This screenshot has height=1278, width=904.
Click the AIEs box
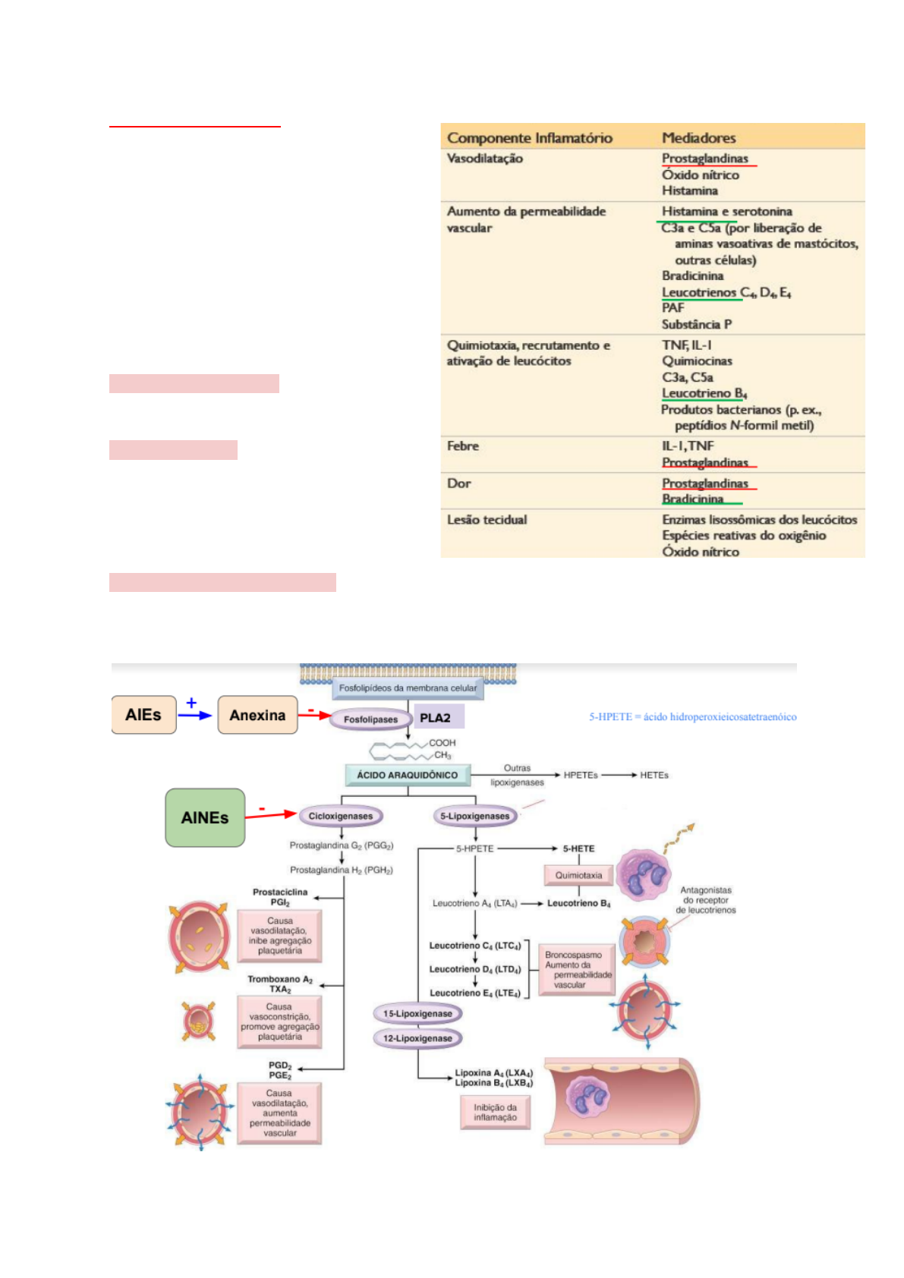point(143,715)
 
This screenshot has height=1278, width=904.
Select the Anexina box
point(257,715)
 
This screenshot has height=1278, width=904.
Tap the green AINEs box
point(205,817)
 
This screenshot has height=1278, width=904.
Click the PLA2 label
point(436,718)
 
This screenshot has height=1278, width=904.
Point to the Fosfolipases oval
point(370,719)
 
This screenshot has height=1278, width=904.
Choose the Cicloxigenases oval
point(341,816)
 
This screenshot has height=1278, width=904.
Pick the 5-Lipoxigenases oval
point(475,816)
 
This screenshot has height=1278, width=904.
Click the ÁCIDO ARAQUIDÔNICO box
point(408,775)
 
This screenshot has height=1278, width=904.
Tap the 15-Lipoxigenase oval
point(417,1013)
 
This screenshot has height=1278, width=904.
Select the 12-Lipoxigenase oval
point(417,1037)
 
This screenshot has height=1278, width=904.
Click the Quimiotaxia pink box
point(578,875)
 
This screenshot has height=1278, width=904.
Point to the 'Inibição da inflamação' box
point(495,1113)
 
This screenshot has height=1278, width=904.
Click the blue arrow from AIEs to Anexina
point(195,715)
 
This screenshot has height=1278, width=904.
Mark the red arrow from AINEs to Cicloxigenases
point(270,815)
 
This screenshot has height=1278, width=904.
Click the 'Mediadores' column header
point(698,137)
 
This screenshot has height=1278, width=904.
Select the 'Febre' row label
point(463,445)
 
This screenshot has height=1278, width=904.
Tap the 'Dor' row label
point(459,483)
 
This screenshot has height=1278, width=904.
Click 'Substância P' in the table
point(697,324)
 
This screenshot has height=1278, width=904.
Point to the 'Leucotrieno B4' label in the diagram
point(578,903)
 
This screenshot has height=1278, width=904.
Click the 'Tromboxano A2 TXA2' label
point(280,984)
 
